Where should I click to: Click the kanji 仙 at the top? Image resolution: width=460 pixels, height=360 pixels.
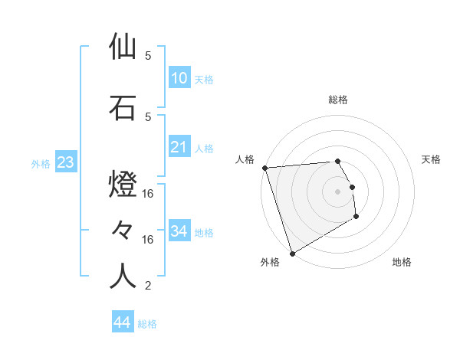(123, 47)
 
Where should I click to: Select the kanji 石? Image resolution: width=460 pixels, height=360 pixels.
(123, 108)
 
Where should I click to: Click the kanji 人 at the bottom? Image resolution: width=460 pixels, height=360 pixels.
(123, 277)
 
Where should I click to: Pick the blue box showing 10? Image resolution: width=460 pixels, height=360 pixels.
(179, 78)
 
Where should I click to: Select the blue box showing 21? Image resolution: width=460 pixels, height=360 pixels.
(179, 147)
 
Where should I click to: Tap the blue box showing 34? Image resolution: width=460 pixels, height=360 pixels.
(179, 231)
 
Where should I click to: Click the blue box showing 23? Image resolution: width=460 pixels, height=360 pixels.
(65, 162)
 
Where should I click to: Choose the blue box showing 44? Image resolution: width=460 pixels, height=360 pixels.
(123, 322)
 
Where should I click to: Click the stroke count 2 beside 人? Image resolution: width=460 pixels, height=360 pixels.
(147, 286)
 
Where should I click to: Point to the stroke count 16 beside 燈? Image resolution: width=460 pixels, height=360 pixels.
(149, 195)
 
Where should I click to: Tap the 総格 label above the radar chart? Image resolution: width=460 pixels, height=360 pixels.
(338, 100)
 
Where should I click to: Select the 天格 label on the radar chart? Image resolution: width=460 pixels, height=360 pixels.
(432, 159)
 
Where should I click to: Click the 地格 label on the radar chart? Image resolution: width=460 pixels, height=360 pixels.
(402, 262)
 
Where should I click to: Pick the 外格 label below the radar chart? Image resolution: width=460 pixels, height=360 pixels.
(270, 262)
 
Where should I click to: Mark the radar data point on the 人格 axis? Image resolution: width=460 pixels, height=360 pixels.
(264, 168)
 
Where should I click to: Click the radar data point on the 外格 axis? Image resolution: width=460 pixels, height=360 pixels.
(291, 253)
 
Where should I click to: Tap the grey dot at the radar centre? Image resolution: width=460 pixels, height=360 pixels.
(338, 191)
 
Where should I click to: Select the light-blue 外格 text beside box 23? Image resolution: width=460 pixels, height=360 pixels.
(41, 163)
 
